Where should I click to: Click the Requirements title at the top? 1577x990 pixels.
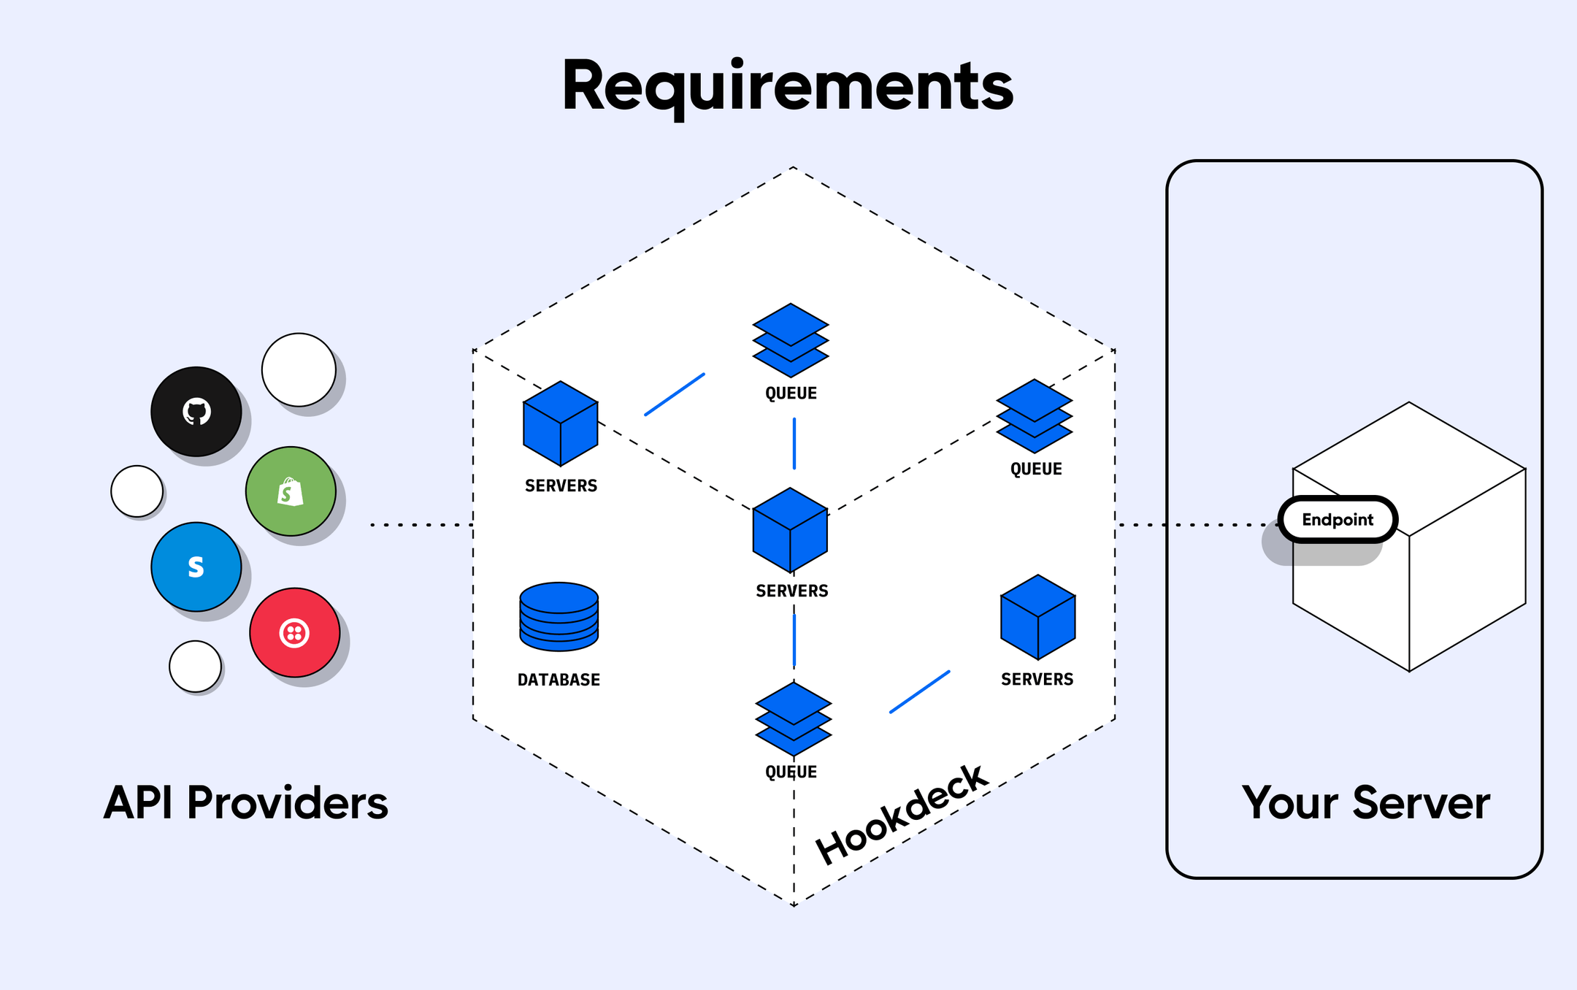[x=787, y=86]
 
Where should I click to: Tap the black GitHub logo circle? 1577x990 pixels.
[x=196, y=412]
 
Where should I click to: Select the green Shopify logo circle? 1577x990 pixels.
[x=291, y=491]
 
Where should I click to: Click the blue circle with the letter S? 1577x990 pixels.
[x=196, y=567]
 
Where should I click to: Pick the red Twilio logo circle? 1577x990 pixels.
[x=294, y=633]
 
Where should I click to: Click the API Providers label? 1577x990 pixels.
[x=246, y=803]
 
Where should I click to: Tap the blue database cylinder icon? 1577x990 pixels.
[x=559, y=617]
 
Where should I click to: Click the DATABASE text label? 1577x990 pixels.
[x=559, y=680]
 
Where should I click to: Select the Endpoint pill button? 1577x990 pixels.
[x=1338, y=519]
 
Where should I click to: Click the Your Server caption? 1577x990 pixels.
[x=1365, y=803]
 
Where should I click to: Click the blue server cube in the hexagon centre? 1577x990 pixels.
[x=790, y=531]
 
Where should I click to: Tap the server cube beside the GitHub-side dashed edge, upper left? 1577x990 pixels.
[x=561, y=423]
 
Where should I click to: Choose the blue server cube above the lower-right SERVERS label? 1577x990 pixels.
[x=1037, y=618]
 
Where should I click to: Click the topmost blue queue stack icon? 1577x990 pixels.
[x=791, y=340]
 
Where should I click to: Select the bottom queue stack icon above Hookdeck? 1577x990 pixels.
[x=794, y=719]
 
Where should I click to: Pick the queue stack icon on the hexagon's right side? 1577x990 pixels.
[x=1035, y=416]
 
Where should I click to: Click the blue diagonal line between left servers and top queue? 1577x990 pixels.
[x=675, y=395]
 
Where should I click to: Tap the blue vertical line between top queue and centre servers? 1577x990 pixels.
[x=794, y=443]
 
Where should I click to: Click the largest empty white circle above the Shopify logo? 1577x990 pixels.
[x=299, y=370]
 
